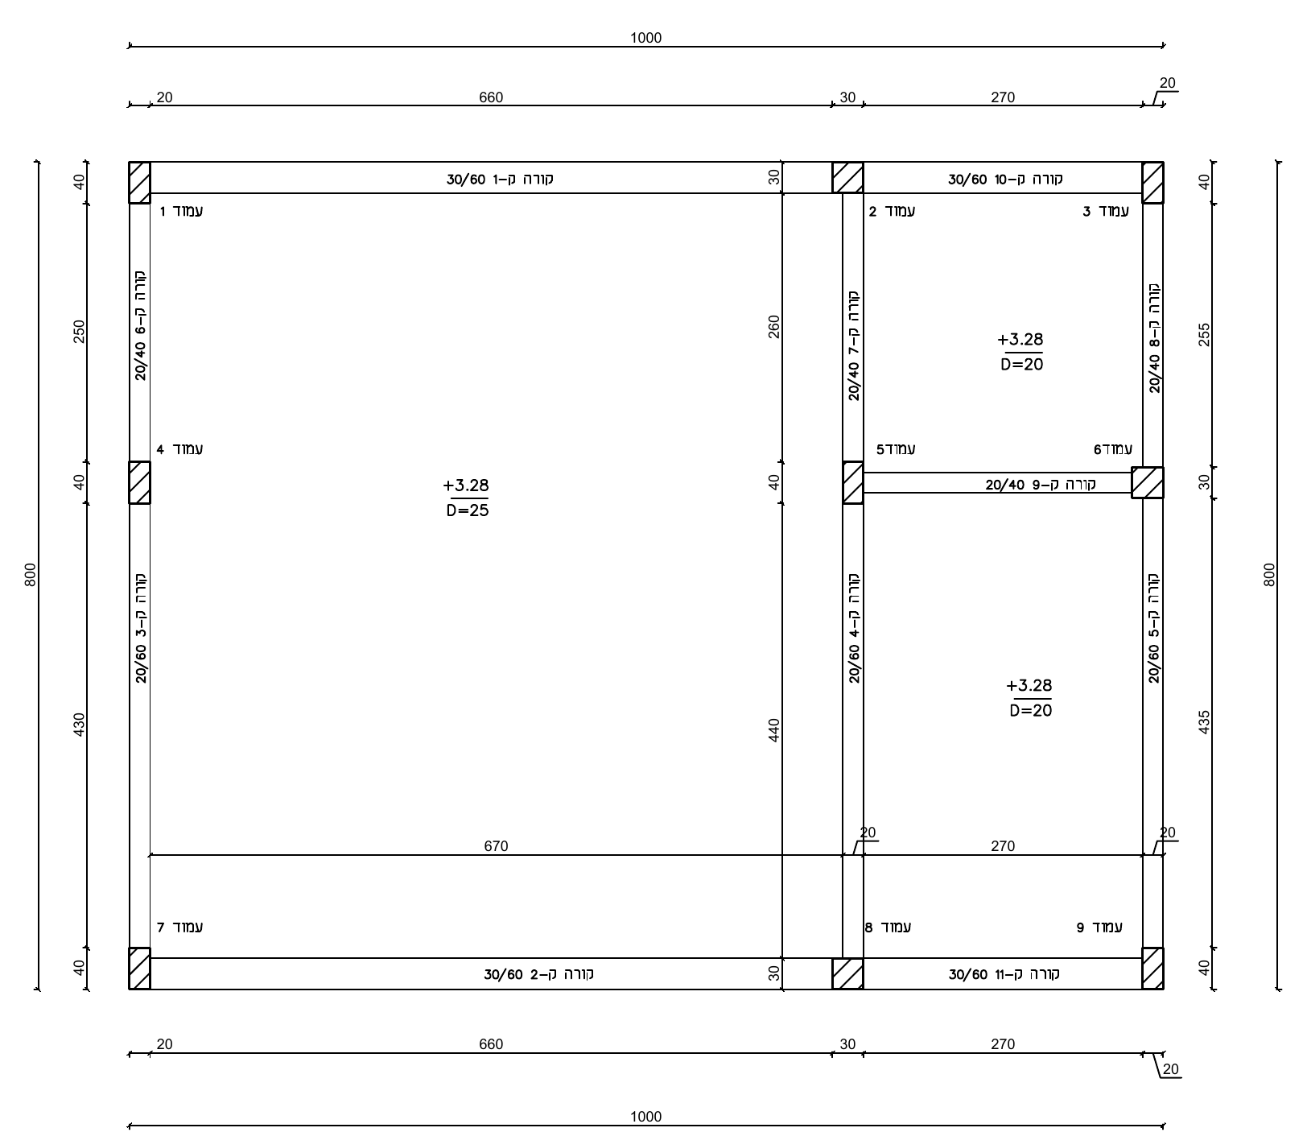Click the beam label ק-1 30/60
500,179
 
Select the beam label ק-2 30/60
538,974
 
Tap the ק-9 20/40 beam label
1046,485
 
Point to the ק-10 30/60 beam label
1005,179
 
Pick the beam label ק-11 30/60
1004,974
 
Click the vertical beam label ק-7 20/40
854,345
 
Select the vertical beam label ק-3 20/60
141,628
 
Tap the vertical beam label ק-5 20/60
1154,628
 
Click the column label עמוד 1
181,212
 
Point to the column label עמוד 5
896,449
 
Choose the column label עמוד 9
1099,927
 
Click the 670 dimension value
496,846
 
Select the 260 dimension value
774,326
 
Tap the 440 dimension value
774,730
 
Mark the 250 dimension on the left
79,332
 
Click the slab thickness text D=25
468,510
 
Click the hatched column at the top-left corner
139,183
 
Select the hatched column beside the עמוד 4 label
139,483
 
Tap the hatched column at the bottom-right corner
1152,969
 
